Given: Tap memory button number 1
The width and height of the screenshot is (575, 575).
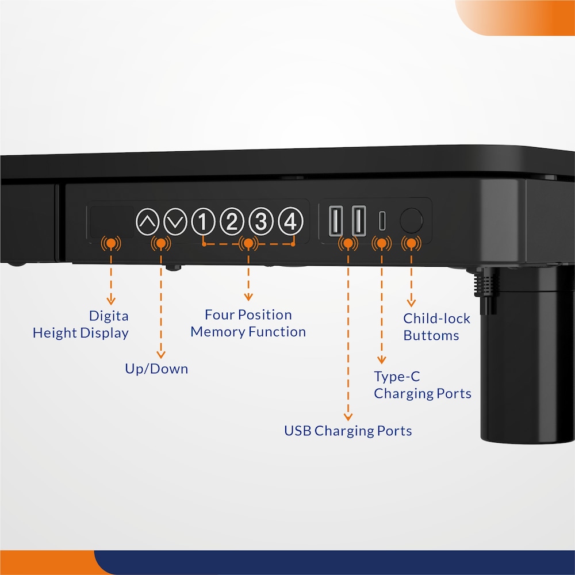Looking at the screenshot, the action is [203, 221].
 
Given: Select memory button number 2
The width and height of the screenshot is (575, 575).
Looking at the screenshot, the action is [232, 221].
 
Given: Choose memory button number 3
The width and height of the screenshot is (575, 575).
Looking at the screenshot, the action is [260, 221].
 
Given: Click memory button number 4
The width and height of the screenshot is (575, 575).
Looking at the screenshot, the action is [290, 221].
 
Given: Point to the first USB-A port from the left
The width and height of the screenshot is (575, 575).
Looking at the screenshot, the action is [336, 221].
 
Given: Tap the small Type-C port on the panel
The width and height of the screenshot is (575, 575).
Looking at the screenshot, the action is [382, 220].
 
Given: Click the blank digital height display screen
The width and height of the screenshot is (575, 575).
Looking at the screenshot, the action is [112, 221].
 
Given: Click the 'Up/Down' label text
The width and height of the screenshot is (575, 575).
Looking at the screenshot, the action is [156, 369].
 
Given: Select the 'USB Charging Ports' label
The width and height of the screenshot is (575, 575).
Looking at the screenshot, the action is [348, 431].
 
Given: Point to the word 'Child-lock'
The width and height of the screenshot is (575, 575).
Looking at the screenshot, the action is [437, 319].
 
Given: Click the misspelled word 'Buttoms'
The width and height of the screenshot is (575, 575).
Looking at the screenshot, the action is [431, 335].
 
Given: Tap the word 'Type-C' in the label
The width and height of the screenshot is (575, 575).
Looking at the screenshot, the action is [397, 377].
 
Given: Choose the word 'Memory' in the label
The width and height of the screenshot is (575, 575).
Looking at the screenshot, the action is [217, 332].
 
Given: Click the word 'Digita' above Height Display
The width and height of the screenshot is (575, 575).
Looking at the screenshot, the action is [109, 316].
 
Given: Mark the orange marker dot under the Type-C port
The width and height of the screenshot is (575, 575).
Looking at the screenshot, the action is [382, 243].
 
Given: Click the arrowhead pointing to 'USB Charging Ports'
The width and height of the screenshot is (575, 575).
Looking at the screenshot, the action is [348, 417].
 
